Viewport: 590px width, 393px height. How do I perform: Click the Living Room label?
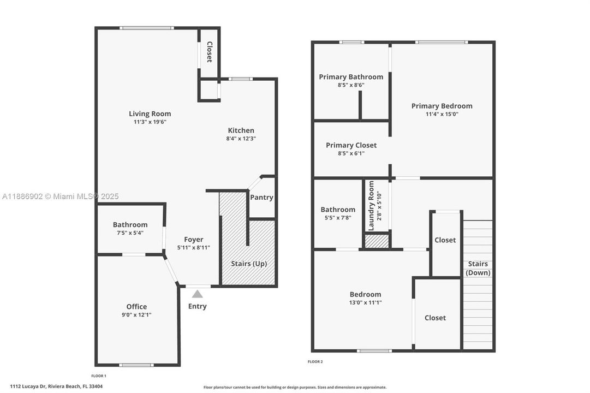tap(150, 114)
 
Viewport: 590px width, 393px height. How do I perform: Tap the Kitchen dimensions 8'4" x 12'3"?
tap(241, 139)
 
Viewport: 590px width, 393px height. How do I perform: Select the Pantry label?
tap(261, 198)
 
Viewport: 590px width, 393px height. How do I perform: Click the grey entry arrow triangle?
tap(197, 294)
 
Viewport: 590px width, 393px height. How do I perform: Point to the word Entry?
tap(197, 306)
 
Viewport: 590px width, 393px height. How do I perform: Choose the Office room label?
tap(136, 306)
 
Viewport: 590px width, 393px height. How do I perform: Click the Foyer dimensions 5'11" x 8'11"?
tap(193, 247)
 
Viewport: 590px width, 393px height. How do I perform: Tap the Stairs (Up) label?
tap(249, 264)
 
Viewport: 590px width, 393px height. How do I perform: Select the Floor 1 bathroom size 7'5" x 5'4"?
tap(130, 233)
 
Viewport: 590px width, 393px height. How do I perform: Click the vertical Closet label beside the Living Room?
tap(209, 52)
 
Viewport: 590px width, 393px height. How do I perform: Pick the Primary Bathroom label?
tap(351, 76)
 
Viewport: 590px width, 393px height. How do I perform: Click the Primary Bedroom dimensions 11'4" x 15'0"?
tap(442, 114)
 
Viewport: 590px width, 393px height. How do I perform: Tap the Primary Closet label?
tap(351, 145)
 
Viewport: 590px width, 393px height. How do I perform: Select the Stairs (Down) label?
tap(478, 268)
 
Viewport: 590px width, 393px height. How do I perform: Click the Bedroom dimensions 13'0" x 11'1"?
tap(365, 302)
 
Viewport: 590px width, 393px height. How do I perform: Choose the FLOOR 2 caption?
tap(315, 361)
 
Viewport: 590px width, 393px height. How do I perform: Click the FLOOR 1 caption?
tap(98, 376)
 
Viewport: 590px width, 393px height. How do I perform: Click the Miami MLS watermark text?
tap(60, 196)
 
